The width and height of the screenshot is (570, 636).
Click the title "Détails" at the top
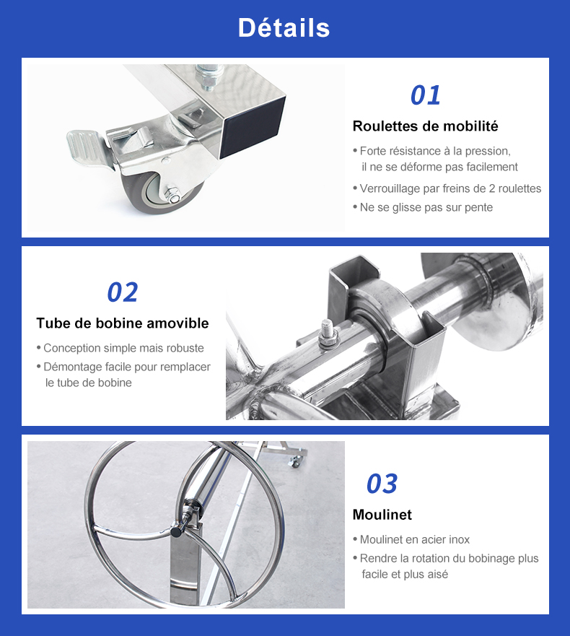[x=284, y=28]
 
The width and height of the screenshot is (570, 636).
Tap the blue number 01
[x=425, y=95]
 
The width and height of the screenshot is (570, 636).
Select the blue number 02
[x=123, y=292]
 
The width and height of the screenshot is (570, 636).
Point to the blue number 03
[x=382, y=484]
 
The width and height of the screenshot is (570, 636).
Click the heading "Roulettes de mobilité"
[x=425, y=126]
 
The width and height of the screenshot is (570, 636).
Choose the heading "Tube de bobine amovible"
[x=123, y=323]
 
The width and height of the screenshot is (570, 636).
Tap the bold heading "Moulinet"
[x=382, y=515]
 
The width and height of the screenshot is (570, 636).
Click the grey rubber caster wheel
[x=162, y=190]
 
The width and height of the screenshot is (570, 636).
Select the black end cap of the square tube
[x=252, y=127]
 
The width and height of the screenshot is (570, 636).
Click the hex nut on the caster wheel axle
[x=173, y=195]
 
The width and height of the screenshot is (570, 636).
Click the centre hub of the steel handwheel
[x=177, y=530]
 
